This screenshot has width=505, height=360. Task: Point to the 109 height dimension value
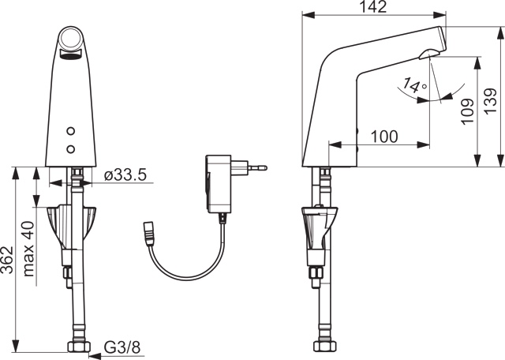[466, 114]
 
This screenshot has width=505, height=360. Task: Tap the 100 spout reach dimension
[383, 136]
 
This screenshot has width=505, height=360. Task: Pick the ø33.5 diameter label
[125, 175]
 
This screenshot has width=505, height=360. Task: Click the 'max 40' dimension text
[29, 249]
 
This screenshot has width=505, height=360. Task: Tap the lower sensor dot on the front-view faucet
[72, 148]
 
